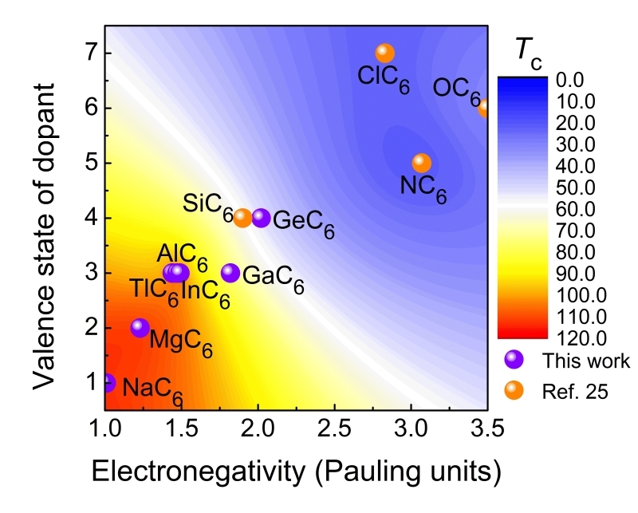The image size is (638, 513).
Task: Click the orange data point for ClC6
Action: (385, 53)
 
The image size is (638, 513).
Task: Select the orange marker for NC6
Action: (422, 163)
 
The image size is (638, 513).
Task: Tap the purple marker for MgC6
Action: (140, 327)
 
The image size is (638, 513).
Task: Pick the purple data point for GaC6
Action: (230, 273)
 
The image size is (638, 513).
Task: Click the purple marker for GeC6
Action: (261, 218)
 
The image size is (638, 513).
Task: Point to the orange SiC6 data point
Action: (242, 218)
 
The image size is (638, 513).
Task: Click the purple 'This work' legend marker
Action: (514, 360)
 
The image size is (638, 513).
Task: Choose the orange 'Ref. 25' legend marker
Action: (514, 390)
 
